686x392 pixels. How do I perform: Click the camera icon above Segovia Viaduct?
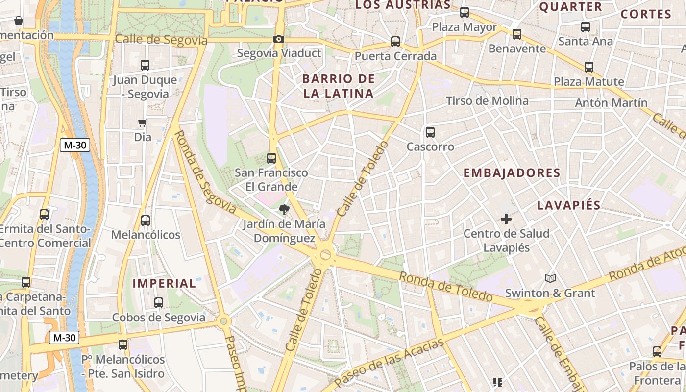click(x=279, y=39)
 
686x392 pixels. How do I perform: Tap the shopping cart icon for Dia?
click(x=142, y=122)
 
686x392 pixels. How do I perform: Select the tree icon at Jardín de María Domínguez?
click(x=283, y=210)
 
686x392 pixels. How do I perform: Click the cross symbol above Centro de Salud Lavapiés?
click(x=506, y=219)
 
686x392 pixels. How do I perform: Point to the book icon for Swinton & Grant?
click(x=550, y=279)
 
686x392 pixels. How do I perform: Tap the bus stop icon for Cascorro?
click(x=430, y=132)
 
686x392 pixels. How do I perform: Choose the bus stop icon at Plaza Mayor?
click(x=465, y=12)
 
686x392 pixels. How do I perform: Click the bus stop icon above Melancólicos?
click(x=146, y=220)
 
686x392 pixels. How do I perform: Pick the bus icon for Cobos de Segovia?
click(x=159, y=303)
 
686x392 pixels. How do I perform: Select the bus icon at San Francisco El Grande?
click(x=271, y=158)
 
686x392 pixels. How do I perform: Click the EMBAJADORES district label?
click(x=512, y=173)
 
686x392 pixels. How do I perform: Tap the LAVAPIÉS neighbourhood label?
click(x=569, y=205)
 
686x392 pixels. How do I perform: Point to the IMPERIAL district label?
click(x=164, y=283)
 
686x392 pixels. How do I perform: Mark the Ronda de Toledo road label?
click(x=445, y=287)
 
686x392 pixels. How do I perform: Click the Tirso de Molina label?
click(x=487, y=101)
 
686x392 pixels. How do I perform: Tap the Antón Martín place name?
click(x=611, y=103)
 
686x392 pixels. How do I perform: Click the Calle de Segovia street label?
click(x=161, y=40)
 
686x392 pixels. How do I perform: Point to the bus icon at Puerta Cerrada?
click(x=395, y=42)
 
